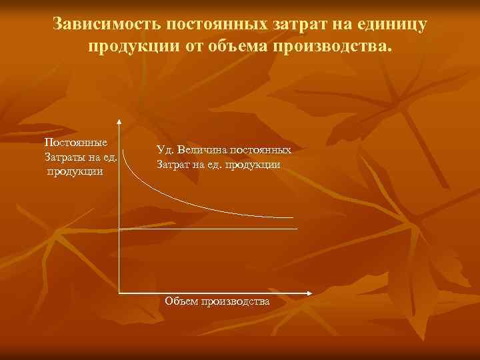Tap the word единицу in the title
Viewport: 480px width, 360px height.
click(x=392, y=25)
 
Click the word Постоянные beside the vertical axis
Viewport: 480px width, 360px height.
click(x=72, y=143)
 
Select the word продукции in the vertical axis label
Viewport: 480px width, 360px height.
click(x=75, y=171)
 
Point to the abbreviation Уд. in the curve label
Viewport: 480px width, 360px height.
click(x=165, y=150)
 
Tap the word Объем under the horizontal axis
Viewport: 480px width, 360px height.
click(x=181, y=302)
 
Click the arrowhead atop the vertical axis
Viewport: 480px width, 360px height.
click(x=119, y=121)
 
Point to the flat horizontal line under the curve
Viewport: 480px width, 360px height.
click(x=207, y=229)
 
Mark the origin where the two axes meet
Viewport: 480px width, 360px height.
click(x=119, y=293)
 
